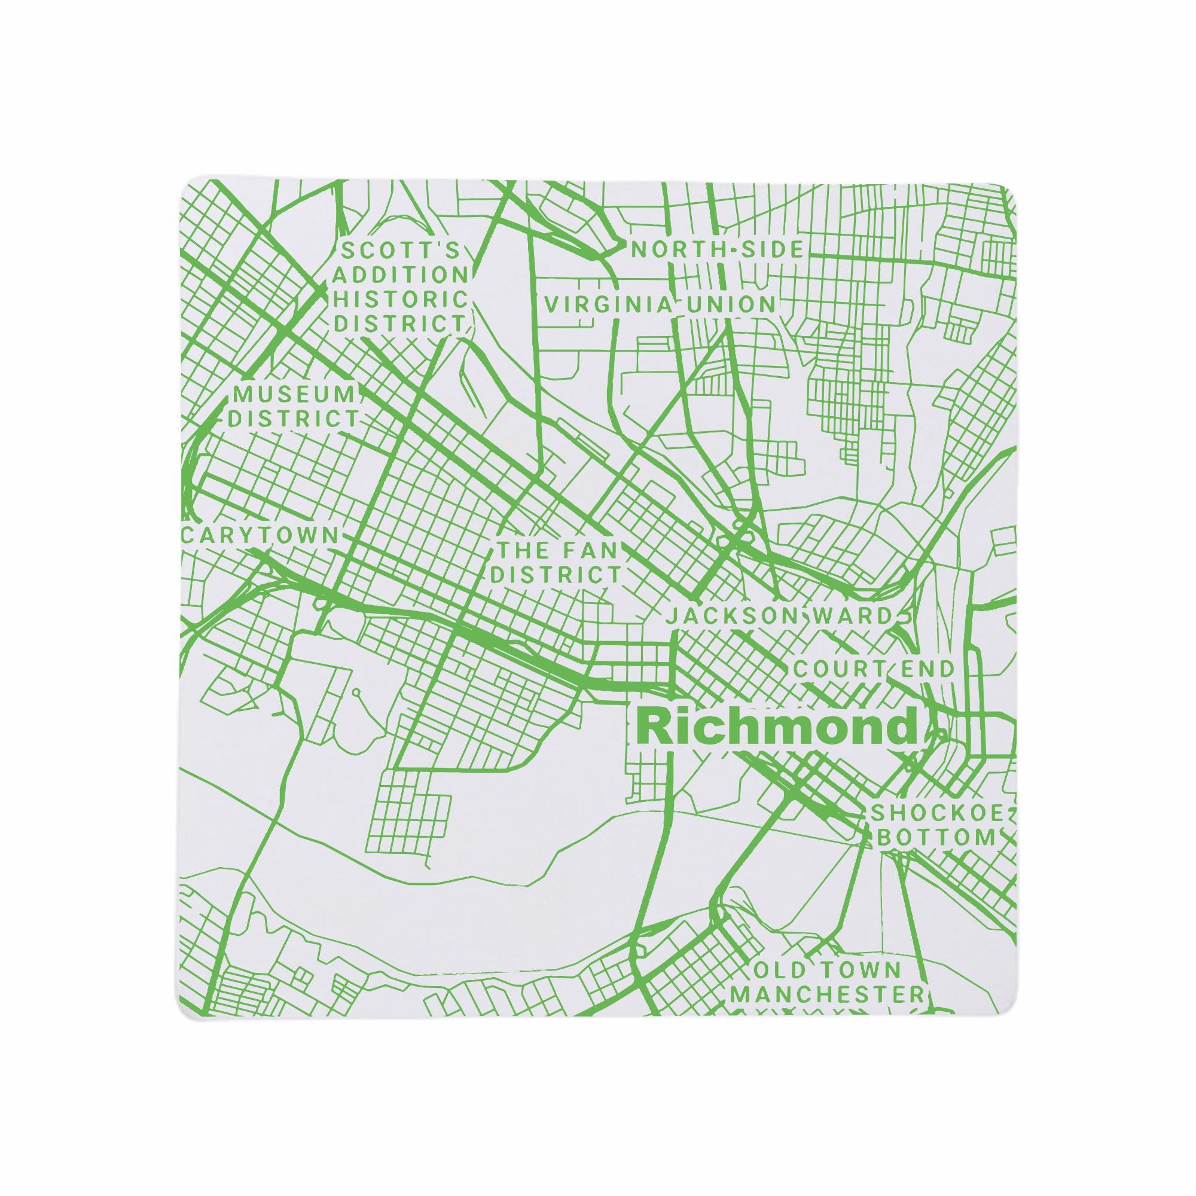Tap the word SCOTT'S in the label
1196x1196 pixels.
coord(401,252)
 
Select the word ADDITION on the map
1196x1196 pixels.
coord(401,276)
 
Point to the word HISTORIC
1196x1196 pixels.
coord(401,300)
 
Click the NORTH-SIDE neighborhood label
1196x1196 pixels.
coord(718,250)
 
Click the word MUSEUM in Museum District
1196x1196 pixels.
coord(293,393)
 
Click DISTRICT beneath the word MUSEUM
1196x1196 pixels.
coord(293,419)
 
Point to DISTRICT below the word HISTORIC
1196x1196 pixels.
coord(401,324)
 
